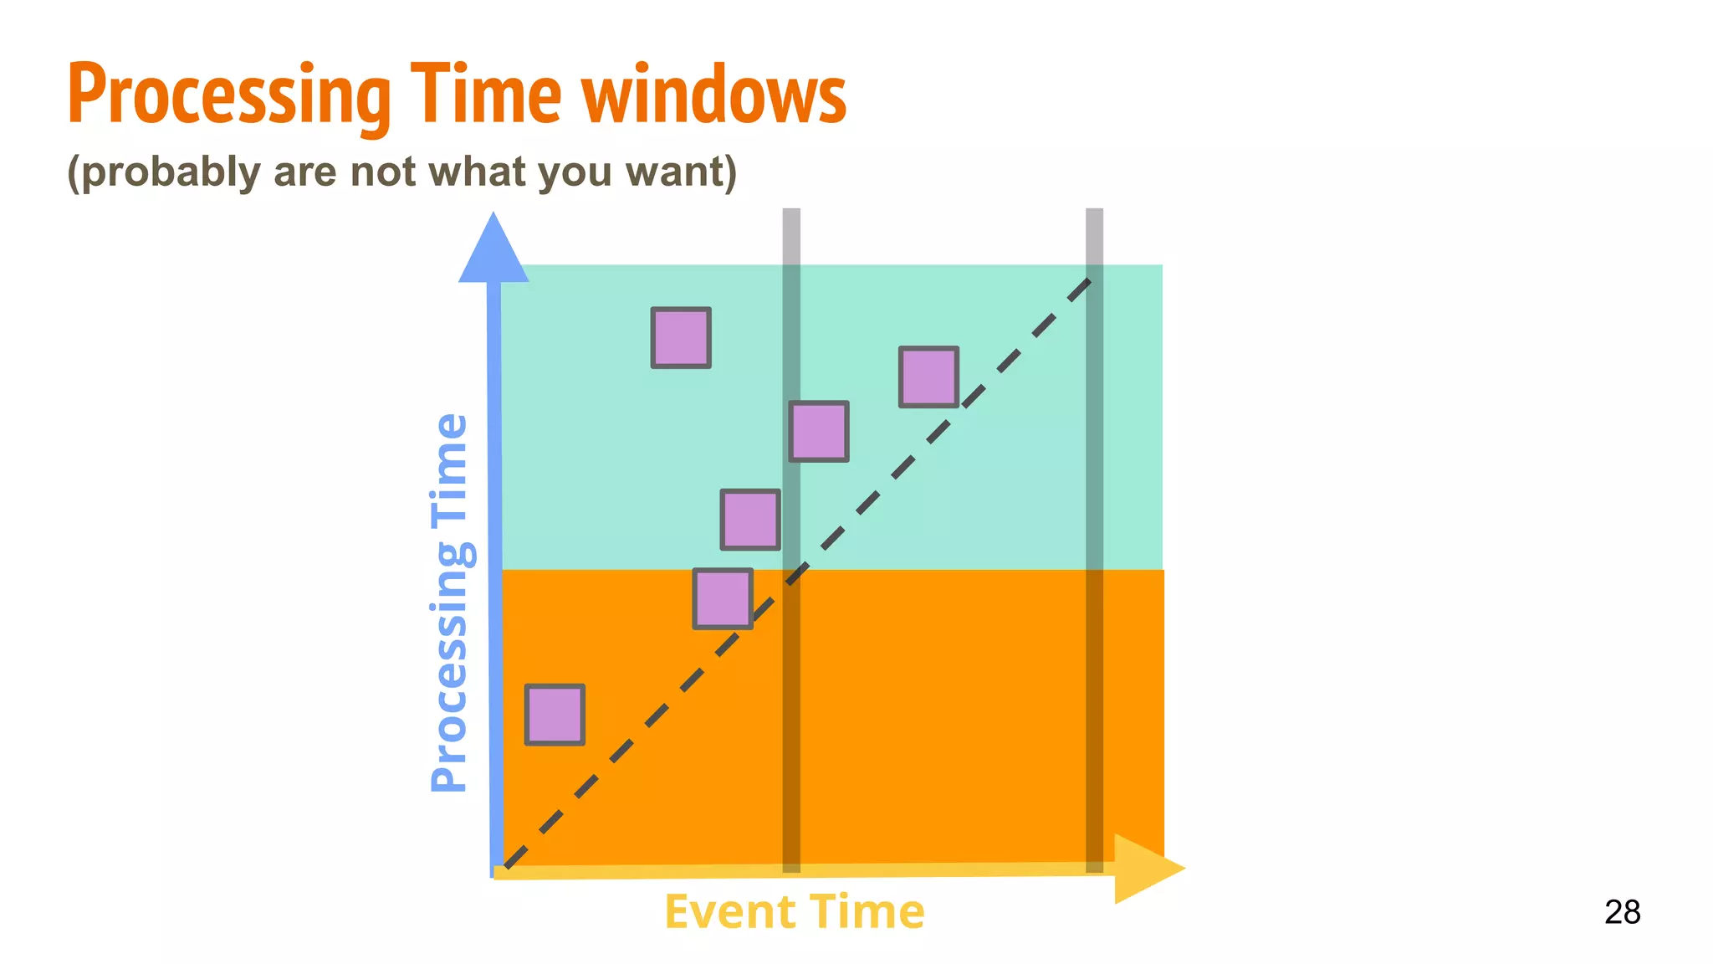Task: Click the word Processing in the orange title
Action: (x=228, y=96)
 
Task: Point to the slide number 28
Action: (x=1622, y=912)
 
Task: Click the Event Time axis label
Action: (x=794, y=911)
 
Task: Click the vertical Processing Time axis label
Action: (x=449, y=602)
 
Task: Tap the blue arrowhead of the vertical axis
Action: (x=493, y=251)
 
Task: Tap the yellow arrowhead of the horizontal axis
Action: (x=1146, y=869)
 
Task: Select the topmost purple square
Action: (x=681, y=337)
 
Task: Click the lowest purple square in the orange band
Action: (x=555, y=715)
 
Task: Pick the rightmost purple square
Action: (x=928, y=377)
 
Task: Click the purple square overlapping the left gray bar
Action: (x=819, y=431)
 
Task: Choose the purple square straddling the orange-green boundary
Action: (x=723, y=598)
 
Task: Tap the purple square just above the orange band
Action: (x=750, y=520)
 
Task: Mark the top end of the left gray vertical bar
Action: (x=791, y=214)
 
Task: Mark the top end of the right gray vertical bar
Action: (x=1094, y=214)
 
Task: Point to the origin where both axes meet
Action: (x=496, y=872)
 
